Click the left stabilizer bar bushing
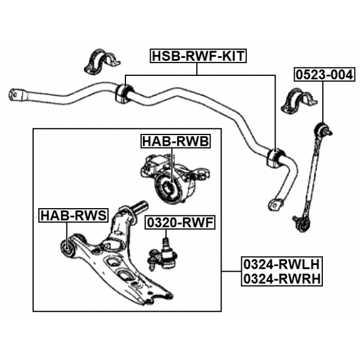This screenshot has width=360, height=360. (x=123, y=93)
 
